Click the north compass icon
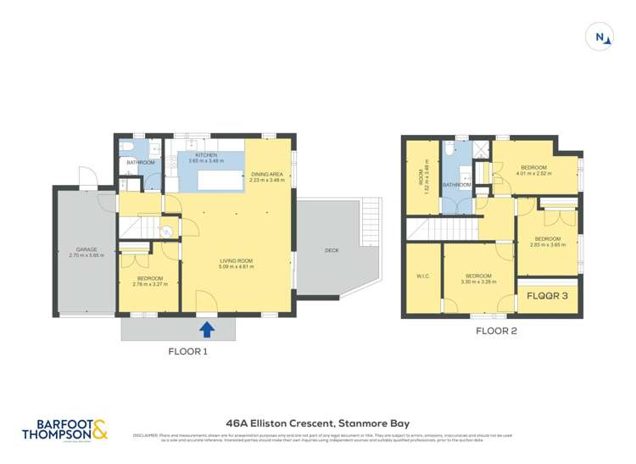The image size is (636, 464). point(600,36)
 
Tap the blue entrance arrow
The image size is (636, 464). point(206,327)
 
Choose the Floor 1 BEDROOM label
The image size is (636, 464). point(149,280)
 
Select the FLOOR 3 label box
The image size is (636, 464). point(547,297)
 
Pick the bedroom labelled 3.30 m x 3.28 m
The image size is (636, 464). point(478,278)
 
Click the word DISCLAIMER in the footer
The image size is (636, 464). point(147,435)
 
